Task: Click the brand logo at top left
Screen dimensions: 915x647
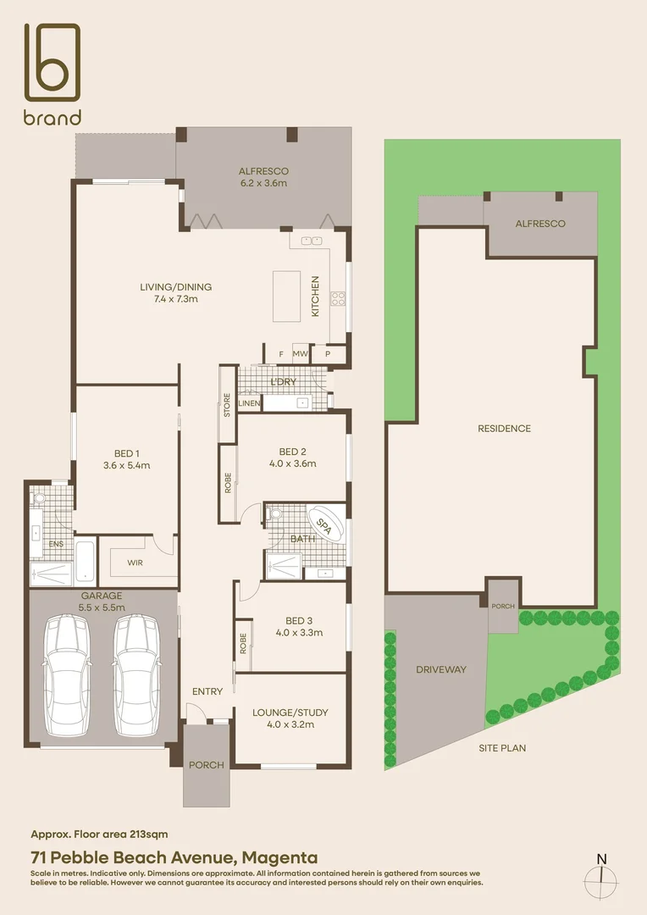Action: (x=52, y=74)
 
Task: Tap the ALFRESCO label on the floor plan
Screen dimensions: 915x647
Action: (x=263, y=171)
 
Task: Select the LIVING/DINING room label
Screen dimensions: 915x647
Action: (x=175, y=287)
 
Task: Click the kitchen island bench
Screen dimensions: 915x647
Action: (x=286, y=296)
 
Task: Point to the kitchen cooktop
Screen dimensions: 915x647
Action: (x=337, y=297)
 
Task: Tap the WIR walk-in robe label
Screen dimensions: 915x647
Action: (x=135, y=562)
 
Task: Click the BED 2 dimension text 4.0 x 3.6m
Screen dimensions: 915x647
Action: (x=292, y=463)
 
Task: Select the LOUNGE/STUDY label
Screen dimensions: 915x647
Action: (x=290, y=713)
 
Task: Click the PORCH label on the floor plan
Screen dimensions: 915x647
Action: (x=206, y=765)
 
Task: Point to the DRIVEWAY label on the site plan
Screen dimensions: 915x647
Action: (x=440, y=669)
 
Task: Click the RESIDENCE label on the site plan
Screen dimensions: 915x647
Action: (x=504, y=429)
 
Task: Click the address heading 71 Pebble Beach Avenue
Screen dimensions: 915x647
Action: (x=174, y=857)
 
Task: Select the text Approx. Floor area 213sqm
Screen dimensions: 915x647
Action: (x=105, y=835)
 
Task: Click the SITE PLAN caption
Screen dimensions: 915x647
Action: (x=503, y=748)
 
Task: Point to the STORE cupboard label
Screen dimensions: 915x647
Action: (x=227, y=406)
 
